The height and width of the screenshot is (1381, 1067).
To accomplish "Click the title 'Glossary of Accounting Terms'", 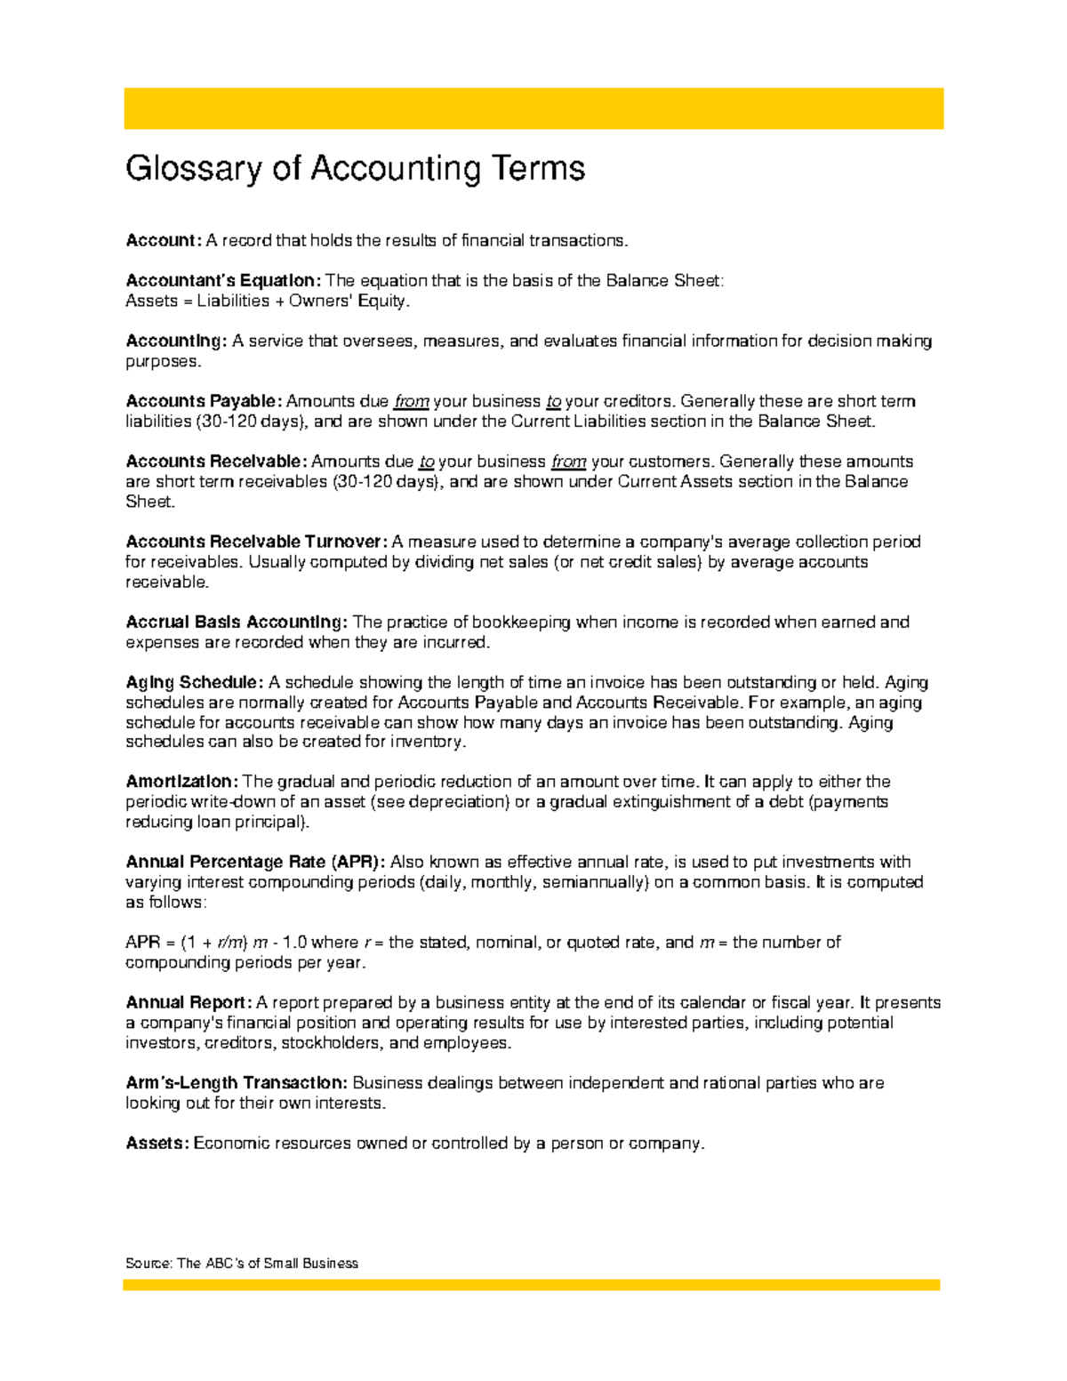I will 355,169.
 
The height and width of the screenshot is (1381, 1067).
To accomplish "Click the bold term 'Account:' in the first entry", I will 164,241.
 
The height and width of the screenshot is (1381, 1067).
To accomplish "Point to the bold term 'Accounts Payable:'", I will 204,401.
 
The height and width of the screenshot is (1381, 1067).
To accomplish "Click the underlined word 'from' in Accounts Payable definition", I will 411,402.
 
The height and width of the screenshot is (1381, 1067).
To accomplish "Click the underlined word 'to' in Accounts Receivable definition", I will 427,462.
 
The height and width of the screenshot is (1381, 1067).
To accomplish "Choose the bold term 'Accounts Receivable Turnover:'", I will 256,542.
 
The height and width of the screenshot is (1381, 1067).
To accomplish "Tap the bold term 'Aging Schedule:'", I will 195,682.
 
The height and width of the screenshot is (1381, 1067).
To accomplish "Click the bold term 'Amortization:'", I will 181,782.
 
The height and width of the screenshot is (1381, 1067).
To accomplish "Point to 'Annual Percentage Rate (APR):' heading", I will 255,862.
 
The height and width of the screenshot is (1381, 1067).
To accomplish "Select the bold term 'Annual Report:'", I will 189,1003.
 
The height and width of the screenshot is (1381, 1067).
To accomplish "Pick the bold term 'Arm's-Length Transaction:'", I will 237,1083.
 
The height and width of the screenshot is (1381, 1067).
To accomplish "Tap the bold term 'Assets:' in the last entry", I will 157,1144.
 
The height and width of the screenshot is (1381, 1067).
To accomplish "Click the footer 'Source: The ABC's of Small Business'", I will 242,1263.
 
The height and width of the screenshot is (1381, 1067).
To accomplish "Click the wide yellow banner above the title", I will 533,108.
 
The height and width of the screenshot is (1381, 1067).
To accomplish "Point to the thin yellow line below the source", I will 532,1285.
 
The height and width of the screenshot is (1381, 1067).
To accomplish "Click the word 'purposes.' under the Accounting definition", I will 164,362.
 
